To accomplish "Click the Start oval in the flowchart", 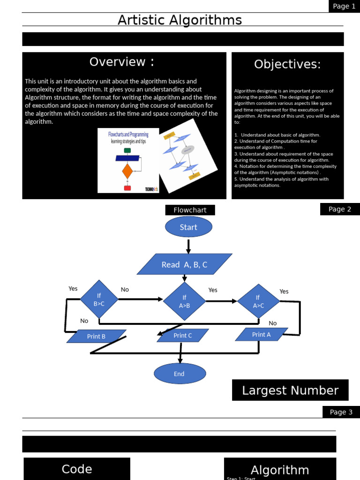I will point(188,227).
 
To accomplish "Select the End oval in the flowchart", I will point(180,374).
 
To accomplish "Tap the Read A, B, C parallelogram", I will point(184,264).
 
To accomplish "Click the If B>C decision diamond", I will point(99,299).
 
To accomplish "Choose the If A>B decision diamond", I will point(184,300).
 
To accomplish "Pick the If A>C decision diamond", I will point(258,300).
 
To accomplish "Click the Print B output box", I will point(96,336).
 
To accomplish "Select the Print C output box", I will point(182,335).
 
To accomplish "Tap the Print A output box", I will point(261,334).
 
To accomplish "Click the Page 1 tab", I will point(344,6).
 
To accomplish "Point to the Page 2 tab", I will point(340,209).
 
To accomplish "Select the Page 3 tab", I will point(341,412).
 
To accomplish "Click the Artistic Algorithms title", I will point(180,20).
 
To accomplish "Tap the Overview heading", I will point(122,62).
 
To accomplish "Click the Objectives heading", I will point(287,64).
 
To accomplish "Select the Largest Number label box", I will point(290,390).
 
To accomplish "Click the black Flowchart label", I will point(190,210).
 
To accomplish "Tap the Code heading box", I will point(77,469).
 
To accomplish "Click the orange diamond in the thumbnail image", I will point(127,171).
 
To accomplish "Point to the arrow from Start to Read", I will point(188,246).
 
